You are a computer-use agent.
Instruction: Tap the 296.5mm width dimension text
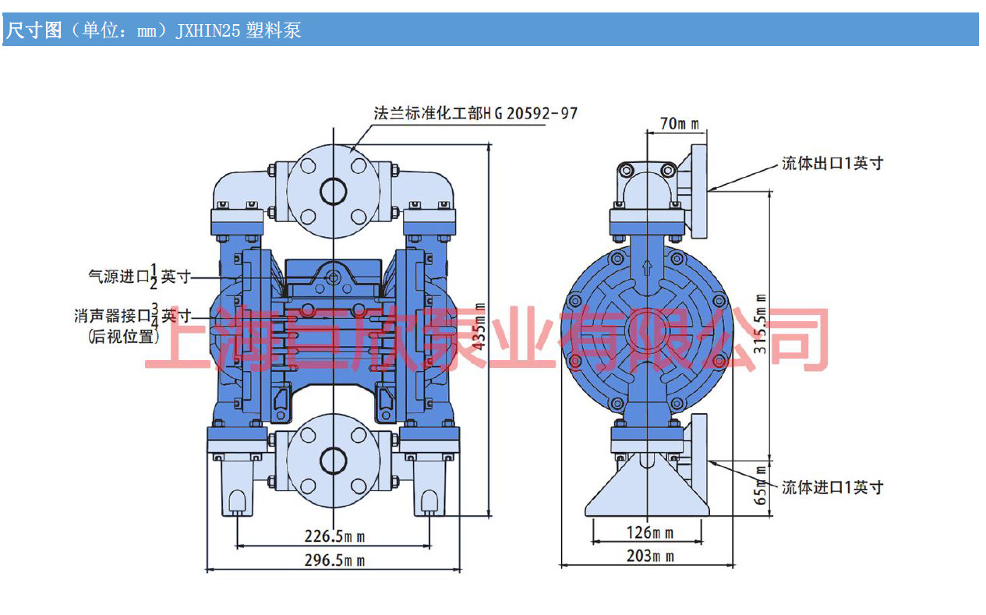pos(334,560)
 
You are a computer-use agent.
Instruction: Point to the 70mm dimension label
pos(679,122)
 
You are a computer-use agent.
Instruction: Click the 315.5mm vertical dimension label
pos(762,323)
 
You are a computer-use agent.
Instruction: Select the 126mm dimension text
pos(650,533)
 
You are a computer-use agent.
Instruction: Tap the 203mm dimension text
pos(650,556)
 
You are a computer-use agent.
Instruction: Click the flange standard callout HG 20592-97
pos(475,113)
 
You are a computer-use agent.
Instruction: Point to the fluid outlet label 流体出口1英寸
pos(832,164)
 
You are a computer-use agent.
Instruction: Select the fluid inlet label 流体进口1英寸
pos(832,487)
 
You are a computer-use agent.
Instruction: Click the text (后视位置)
pos(119,337)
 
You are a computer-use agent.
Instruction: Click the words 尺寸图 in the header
pos(34,30)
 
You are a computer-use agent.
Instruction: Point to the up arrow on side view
pos(646,268)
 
